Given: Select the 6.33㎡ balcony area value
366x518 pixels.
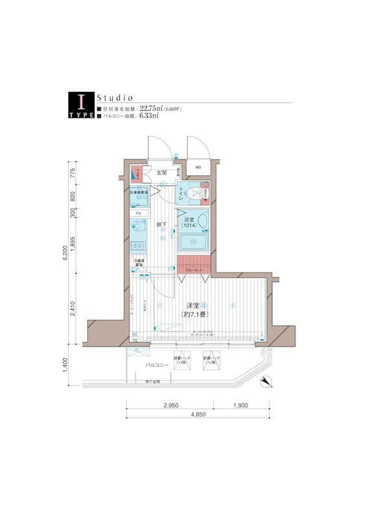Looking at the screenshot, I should [x=149, y=117].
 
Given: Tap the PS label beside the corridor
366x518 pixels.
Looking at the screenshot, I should [x=138, y=213].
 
